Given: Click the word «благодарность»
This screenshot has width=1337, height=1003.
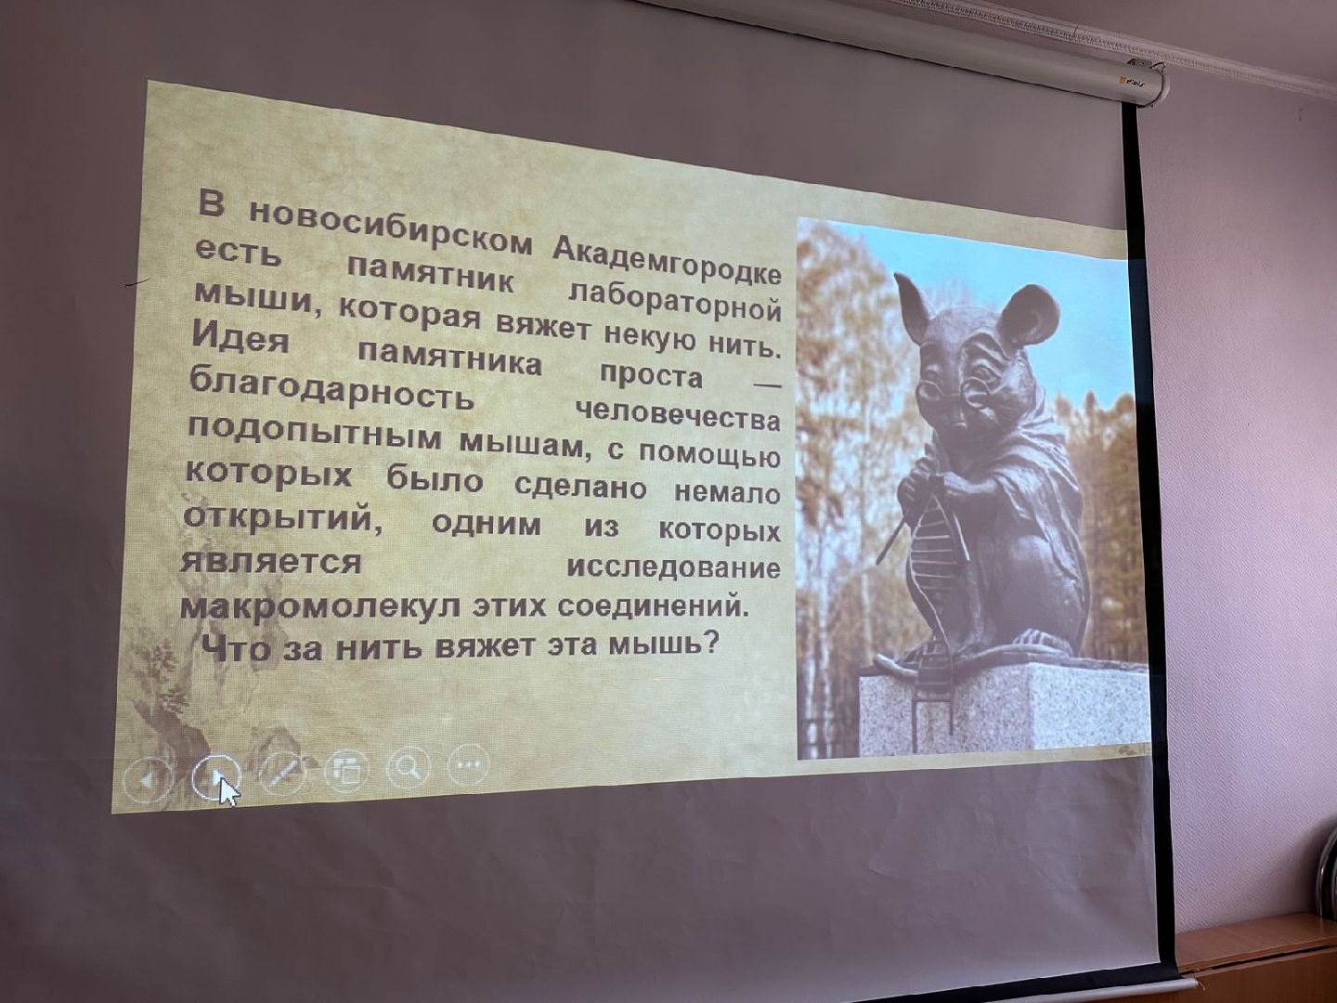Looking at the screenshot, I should coord(331,392).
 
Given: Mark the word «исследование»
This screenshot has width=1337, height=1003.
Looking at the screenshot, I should coord(673,567).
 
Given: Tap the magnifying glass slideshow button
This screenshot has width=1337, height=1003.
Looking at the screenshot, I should coord(407,767).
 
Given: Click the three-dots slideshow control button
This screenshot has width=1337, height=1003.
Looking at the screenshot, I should coord(468,765).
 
